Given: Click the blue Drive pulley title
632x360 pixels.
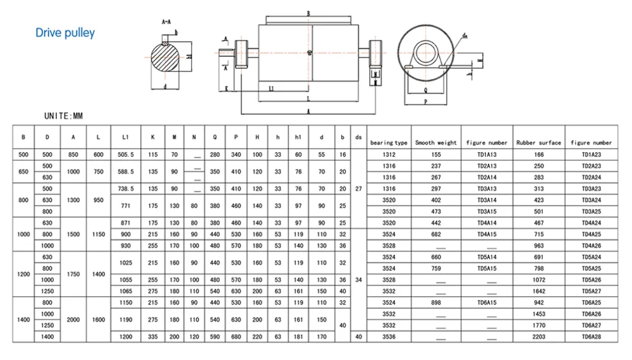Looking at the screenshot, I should pyautogui.click(x=65, y=33).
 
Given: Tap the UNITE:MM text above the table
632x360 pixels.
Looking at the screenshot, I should pyautogui.click(x=64, y=116).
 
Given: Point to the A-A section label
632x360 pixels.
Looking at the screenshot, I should pyautogui.click(x=167, y=21).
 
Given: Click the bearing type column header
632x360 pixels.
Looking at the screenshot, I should pyautogui.click(x=389, y=143).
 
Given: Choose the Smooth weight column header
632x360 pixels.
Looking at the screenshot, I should pyautogui.click(x=435, y=143).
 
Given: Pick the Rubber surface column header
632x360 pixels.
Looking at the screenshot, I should pyautogui.click(x=538, y=143).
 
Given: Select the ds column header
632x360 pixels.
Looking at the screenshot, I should pyautogui.click(x=358, y=136).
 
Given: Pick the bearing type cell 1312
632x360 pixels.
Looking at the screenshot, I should pyautogui.click(x=389, y=154).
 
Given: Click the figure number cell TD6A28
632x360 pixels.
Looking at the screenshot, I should pyautogui.click(x=592, y=337).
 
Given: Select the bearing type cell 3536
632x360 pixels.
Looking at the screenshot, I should pyautogui.click(x=389, y=337).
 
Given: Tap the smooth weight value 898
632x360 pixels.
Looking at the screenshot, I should pyautogui.click(x=435, y=303).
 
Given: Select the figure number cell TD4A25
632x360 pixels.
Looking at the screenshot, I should pyautogui.click(x=592, y=234).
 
